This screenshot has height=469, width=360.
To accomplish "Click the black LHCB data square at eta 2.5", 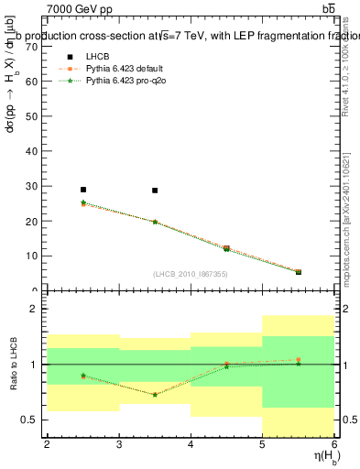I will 83,190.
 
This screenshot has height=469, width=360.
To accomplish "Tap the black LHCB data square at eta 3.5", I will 155,191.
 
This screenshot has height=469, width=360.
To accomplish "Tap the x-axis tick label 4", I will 191,444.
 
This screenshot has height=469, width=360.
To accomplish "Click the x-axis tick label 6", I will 334,444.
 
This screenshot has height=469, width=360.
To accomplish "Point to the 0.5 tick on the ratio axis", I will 30,420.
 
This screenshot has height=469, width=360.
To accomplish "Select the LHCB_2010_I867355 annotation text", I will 191,274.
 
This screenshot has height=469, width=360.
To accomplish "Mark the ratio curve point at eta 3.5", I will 155,395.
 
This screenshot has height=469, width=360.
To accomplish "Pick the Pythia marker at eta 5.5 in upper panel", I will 298,271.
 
